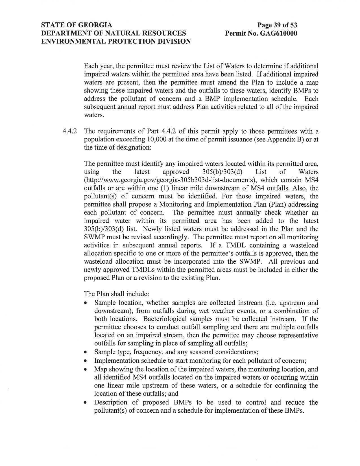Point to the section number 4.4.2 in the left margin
tap(70, 132)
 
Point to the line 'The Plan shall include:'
tap(116, 294)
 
